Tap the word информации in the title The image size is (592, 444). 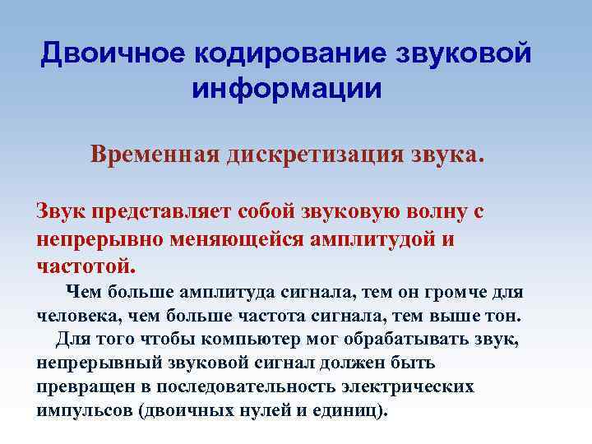tap(287, 88)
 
